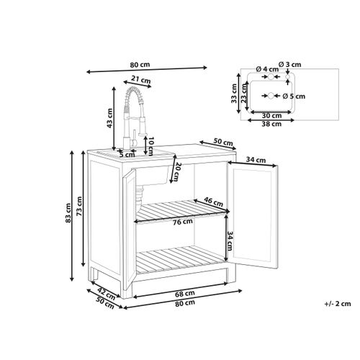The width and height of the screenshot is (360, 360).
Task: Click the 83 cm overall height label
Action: click(x=68, y=213)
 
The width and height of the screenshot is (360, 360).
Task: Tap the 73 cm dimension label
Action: click(x=79, y=206)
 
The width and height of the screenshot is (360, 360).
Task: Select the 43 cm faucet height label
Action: click(x=109, y=118)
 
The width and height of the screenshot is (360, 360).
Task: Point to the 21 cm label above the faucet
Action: click(x=140, y=79)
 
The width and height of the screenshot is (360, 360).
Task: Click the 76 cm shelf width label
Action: click(x=183, y=222)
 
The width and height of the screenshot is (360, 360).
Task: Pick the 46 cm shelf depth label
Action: click(x=213, y=202)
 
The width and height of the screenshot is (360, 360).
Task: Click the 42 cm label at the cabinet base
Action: click(x=107, y=294)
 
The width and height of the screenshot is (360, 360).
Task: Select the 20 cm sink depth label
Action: click(x=179, y=171)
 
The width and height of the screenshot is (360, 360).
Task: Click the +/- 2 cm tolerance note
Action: click(x=338, y=304)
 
